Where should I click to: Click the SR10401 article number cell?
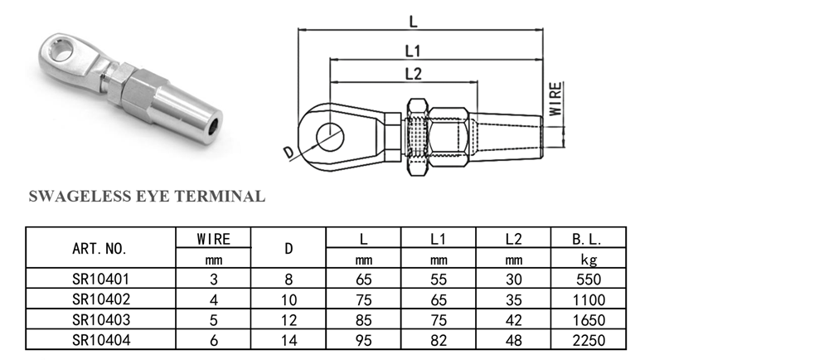[x=99, y=280]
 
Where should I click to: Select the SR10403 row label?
[x=99, y=319]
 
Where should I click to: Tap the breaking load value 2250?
[x=588, y=339]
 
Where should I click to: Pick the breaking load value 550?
[x=588, y=280]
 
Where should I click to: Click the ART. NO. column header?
[x=99, y=248]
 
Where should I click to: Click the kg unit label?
[x=588, y=260]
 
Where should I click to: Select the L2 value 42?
[x=515, y=319]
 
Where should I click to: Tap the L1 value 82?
[x=439, y=339]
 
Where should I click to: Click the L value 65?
[x=364, y=280]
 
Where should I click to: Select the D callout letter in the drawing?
[x=288, y=153]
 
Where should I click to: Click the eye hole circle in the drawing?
[x=332, y=135]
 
